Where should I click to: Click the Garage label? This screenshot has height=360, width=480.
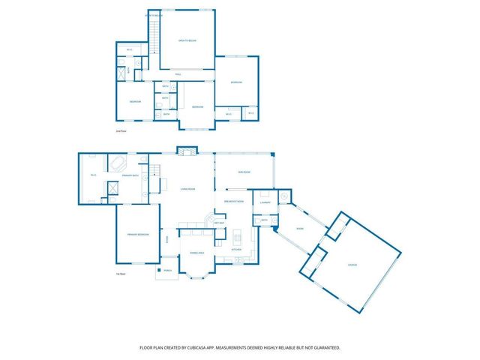(x=352, y=265)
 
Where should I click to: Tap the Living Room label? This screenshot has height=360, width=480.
(x=187, y=189)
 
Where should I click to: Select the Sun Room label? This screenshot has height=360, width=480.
(x=244, y=172)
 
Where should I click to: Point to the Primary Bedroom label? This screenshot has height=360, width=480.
(x=136, y=234)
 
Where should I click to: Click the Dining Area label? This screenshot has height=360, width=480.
(x=196, y=253)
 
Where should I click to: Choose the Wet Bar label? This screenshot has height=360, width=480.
(x=219, y=223)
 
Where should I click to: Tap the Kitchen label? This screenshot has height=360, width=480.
(x=235, y=249)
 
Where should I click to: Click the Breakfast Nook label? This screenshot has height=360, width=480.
(x=234, y=202)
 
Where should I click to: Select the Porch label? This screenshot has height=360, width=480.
(x=168, y=271)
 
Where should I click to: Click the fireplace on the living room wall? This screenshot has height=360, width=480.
(x=187, y=152)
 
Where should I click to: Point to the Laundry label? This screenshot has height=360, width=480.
(x=265, y=202)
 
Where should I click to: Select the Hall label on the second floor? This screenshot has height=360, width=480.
(x=178, y=74)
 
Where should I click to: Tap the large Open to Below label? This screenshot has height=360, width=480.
(x=187, y=42)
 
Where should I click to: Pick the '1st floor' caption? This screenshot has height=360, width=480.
(x=119, y=274)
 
